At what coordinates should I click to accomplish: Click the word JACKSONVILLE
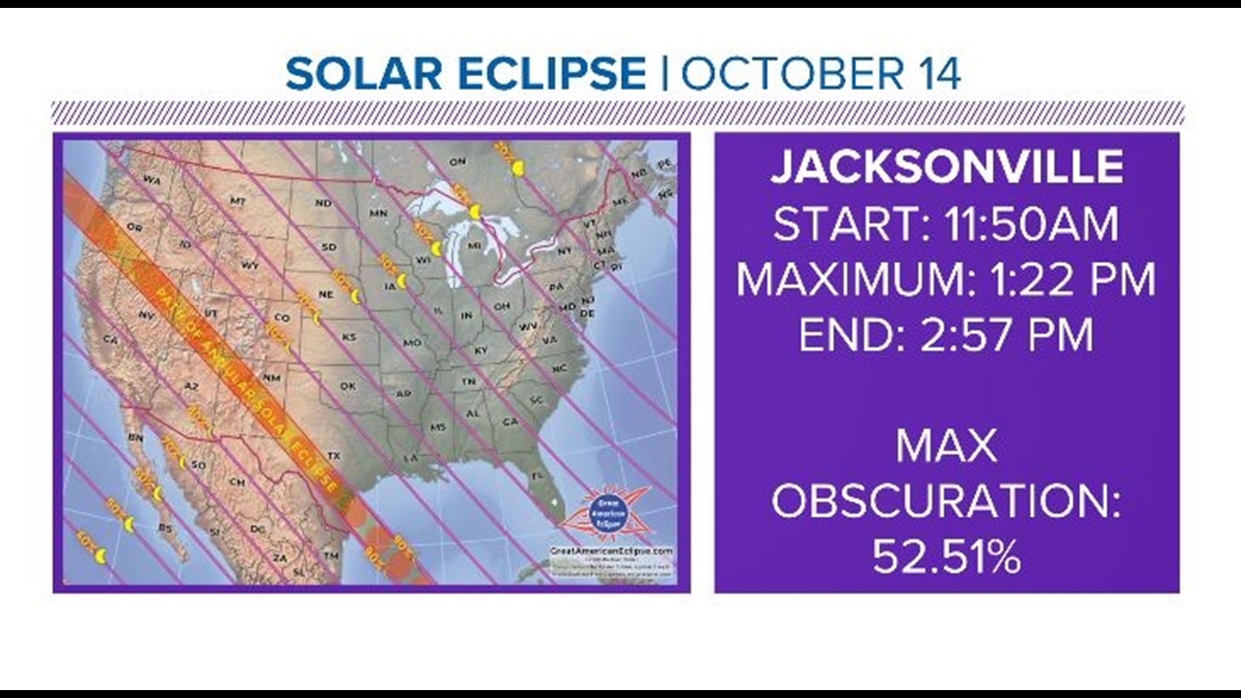click(x=946, y=167)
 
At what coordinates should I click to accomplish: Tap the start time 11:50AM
click(x=1032, y=224)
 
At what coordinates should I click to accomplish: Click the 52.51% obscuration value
click(x=946, y=557)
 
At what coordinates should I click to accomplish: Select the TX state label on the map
click(x=334, y=456)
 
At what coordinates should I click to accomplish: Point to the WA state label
click(x=152, y=180)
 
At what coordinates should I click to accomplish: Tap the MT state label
click(x=237, y=202)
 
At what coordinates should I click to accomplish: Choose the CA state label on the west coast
click(x=111, y=339)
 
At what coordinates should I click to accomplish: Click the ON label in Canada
click(x=457, y=162)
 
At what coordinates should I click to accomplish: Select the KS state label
click(x=349, y=337)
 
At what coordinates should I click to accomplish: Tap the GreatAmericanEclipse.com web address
click(x=611, y=551)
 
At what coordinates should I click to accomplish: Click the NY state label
click(x=564, y=251)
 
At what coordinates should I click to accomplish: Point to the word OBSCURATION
click(x=946, y=502)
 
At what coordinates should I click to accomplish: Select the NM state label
click(x=272, y=377)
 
